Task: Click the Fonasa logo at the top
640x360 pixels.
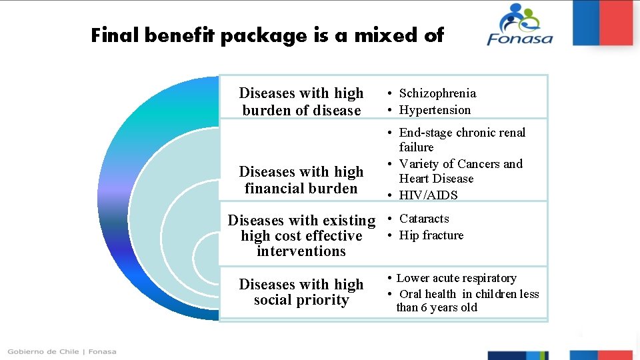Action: click(520, 25)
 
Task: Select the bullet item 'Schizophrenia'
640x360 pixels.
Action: click(437, 93)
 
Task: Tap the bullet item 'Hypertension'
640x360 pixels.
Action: click(435, 110)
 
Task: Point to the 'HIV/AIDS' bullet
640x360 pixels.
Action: click(428, 195)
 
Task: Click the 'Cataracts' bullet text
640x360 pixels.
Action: click(424, 219)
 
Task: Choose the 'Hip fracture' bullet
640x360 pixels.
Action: click(431, 235)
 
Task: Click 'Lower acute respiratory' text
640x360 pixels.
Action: click(456, 278)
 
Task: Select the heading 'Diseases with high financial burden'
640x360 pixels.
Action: click(301, 180)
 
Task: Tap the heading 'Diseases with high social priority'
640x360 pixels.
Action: click(301, 292)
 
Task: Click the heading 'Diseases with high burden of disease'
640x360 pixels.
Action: click(301, 102)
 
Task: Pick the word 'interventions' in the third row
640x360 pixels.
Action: click(301, 251)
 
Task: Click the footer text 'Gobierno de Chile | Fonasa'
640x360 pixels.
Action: click(62, 351)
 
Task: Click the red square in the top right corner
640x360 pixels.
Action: click(617, 22)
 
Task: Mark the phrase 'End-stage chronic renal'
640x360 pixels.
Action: click(462, 133)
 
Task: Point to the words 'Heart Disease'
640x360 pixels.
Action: click(436, 179)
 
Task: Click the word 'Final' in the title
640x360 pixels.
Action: click(115, 35)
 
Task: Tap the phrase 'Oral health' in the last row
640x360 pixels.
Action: click(428, 294)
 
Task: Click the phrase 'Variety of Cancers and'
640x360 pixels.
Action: click(461, 164)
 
